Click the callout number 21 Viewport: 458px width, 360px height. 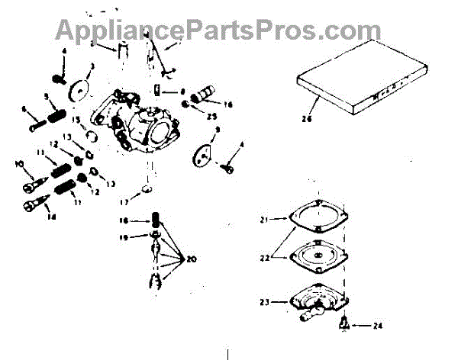coord(264,220)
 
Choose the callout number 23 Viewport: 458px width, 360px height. coord(264,302)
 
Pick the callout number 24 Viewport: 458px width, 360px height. coord(377,326)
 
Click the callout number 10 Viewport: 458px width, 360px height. coord(17,163)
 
